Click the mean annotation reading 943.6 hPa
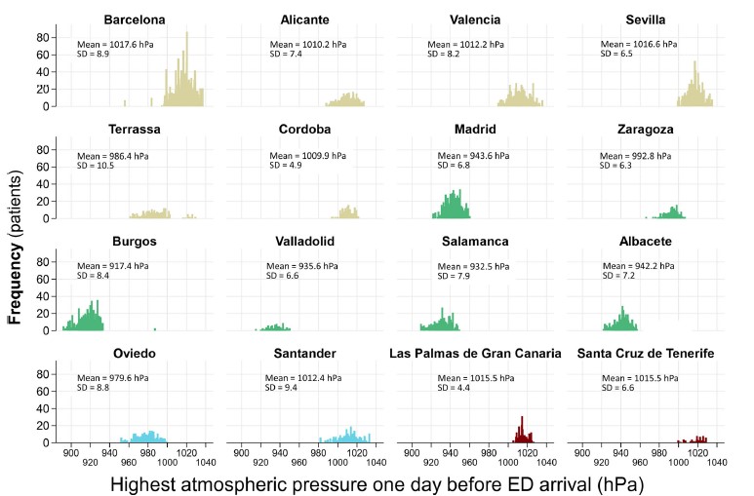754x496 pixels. [461, 156]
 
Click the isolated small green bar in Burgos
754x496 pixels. [154, 329]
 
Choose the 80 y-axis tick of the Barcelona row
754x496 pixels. [44, 37]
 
